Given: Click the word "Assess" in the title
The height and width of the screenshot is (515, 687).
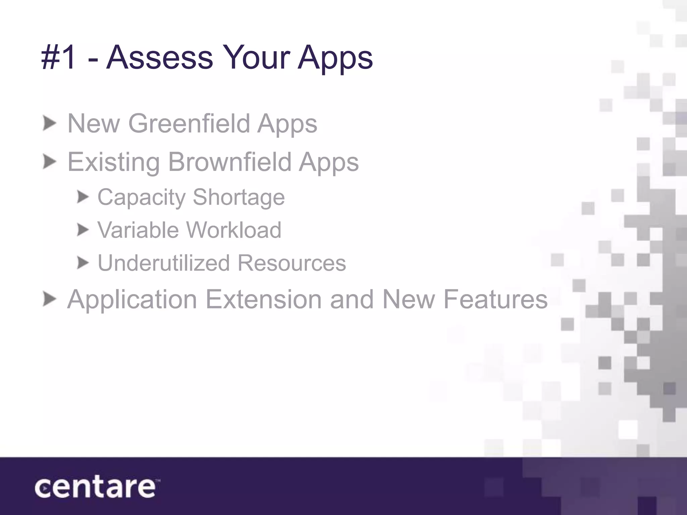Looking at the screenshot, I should pos(159,58).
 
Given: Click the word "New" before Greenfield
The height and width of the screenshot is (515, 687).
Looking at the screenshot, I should pos(94,123).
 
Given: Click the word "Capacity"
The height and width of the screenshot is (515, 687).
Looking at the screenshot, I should pos(141,197).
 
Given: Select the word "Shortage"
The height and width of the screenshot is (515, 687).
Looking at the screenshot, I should pos(239,197).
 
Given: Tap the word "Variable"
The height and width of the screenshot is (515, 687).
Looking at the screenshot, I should pos(138,230).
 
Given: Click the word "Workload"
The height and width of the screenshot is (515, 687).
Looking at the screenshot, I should pos(233,230).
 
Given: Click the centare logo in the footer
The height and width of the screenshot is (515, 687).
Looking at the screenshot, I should pos(96,488).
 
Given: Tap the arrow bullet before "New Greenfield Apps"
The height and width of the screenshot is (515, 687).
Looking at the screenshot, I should pos(49,124).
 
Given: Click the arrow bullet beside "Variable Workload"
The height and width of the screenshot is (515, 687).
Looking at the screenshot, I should pos(83,230).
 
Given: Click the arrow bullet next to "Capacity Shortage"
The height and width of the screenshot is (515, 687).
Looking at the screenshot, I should pos(83,197).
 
